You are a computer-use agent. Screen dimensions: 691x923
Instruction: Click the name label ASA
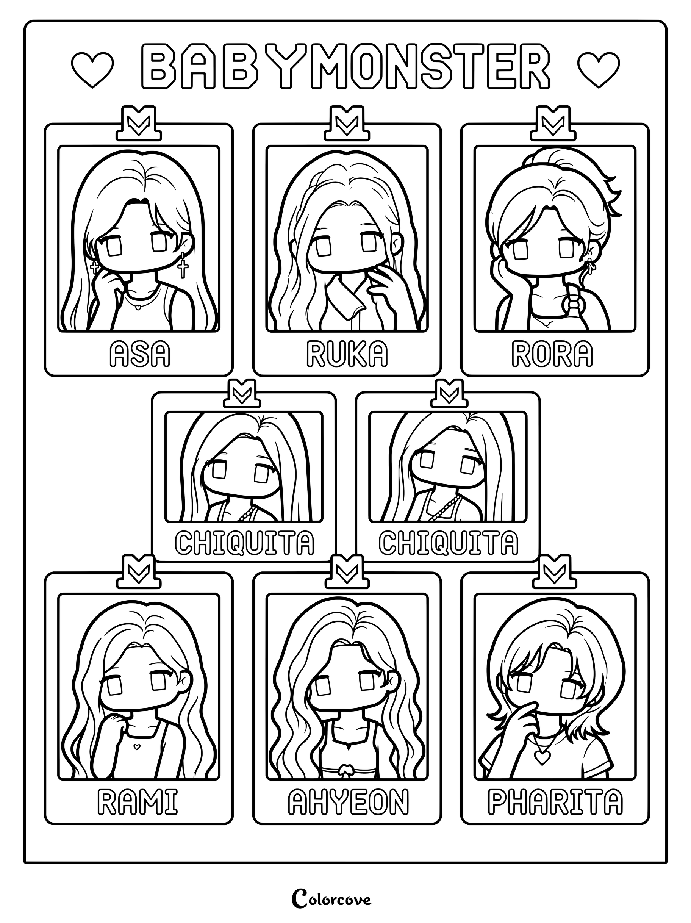[139, 354]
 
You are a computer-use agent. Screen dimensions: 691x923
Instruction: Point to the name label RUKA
[347, 354]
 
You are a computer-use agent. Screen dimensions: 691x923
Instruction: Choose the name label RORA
[552, 354]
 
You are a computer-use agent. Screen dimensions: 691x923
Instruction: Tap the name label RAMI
[137, 803]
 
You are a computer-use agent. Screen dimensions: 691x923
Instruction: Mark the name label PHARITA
[555, 803]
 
